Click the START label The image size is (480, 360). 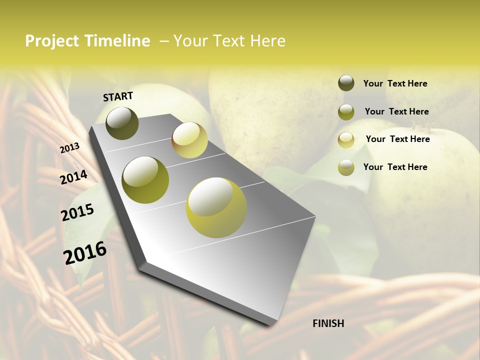(118, 96)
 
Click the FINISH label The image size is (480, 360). (328, 323)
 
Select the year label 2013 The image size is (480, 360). (70, 148)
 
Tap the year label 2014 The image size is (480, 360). (73, 177)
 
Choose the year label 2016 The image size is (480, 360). (85, 252)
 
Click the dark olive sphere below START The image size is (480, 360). (122, 123)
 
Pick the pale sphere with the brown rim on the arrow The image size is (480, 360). (189, 140)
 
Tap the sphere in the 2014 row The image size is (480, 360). (145, 180)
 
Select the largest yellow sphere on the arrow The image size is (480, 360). (216, 207)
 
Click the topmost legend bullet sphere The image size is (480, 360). (346, 83)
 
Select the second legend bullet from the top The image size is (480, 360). (346, 112)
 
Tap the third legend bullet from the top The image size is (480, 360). (346, 140)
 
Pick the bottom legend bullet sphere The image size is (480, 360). (346, 167)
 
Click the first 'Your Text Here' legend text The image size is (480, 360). (395, 83)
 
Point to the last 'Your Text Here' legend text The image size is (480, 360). (395, 167)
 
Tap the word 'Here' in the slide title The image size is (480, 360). (267, 41)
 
